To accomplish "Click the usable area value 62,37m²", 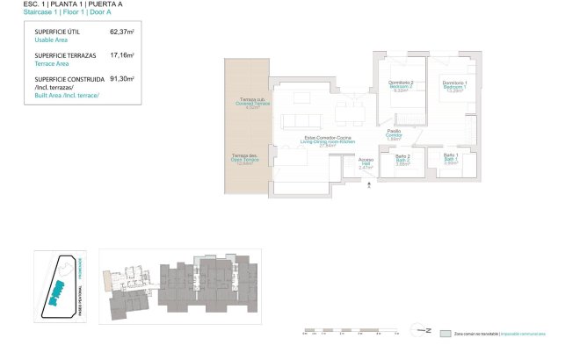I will click(x=120, y=32).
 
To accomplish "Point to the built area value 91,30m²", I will click(x=120, y=79).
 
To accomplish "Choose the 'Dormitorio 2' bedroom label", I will click(x=401, y=84).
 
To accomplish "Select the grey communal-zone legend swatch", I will click(x=446, y=334).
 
